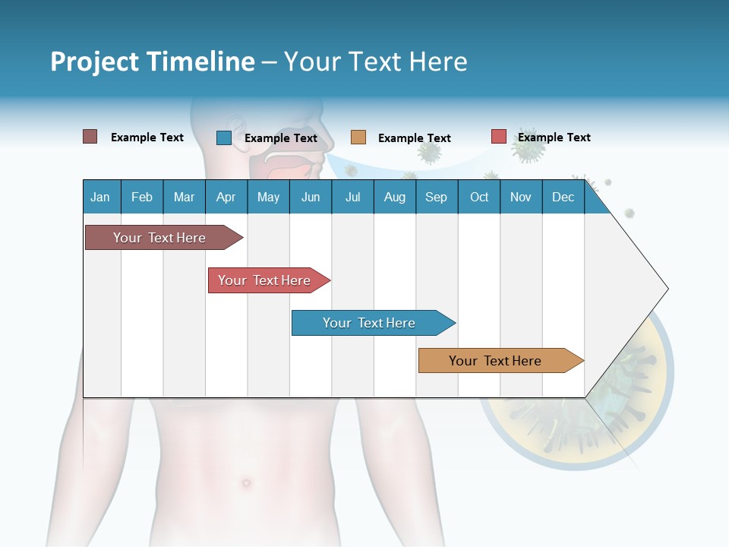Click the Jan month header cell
[101, 197]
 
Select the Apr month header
[226, 197]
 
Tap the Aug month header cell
[394, 197]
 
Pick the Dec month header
[563, 197]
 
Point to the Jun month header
[310, 197]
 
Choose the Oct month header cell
[479, 197]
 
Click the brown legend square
[90, 137]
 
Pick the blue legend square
[223, 138]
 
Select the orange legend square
[358, 138]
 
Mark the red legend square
[498, 137]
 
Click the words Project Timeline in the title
[152, 62]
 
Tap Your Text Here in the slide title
[375, 62]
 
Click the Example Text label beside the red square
[554, 138]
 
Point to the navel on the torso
[245, 482]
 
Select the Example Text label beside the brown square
[147, 138]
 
